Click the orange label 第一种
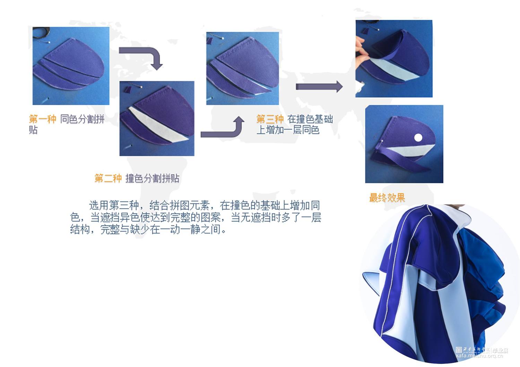coord(43,119)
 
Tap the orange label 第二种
coord(108,179)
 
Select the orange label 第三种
coord(270,119)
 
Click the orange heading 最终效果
coord(387,198)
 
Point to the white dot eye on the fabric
coord(418,137)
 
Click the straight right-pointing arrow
coord(319,87)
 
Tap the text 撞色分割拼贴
coord(153,179)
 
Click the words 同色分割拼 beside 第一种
coord(83,119)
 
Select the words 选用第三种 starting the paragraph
coord(114,205)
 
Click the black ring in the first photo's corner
coord(42,33)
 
